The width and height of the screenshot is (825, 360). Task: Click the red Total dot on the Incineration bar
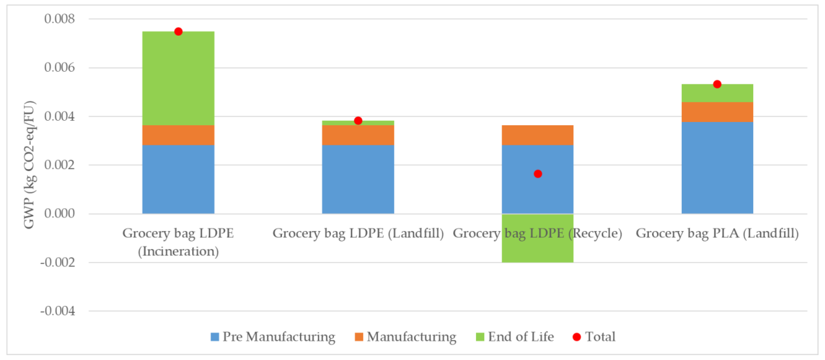[x=178, y=31]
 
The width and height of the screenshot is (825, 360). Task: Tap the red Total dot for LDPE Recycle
[x=538, y=174]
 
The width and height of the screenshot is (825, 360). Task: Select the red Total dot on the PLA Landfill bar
[x=717, y=84]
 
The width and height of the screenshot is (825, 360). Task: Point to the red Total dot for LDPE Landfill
[x=358, y=121]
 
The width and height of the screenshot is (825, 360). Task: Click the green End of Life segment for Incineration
[x=178, y=78]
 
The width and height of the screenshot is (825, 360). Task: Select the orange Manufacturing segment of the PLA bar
[x=717, y=112]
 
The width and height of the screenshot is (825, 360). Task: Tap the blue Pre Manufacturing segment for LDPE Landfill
[x=358, y=179]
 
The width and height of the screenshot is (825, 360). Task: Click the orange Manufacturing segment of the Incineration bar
[x=178, y=135]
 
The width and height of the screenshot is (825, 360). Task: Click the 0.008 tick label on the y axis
[x=60, y=19]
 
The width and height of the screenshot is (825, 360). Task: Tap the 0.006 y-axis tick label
[x=60, y=68]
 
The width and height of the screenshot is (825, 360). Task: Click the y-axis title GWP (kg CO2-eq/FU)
[x=29, y=165]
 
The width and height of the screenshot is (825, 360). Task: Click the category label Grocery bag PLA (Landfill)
[x=717, y=233]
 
